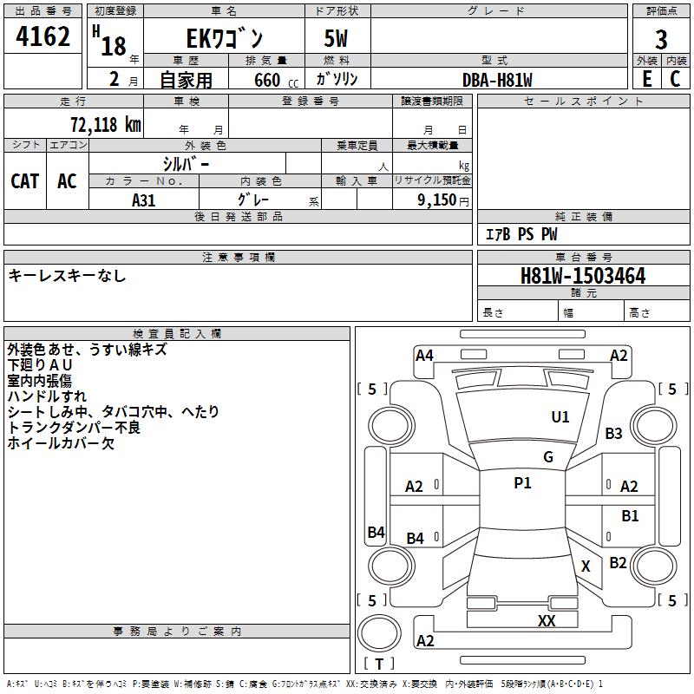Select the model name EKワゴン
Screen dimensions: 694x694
click(x=225, y=39)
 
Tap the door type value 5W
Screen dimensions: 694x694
click(x=337, y=39)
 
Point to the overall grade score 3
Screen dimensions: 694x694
click(x=661, y=39)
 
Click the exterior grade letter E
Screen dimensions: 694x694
click(x=646, y=79)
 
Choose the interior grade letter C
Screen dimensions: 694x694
click(x=676, y=79)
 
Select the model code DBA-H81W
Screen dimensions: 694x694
click(x=497, y=80)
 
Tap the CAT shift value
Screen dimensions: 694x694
click(x=24, y=180)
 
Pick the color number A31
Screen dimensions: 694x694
click(x=144, y=199)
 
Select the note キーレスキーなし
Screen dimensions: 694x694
click(x=67, y=276)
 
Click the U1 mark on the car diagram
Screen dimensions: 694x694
click(x=560, y=417)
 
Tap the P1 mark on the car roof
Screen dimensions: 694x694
click(x=522, y=483)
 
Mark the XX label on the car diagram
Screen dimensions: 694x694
click(x=547, y=620)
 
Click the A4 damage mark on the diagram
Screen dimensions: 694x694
click(x=424, y=355)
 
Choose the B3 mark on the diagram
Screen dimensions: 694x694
click(x=614, y=434)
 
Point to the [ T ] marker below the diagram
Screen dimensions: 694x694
click(x=379, y=664)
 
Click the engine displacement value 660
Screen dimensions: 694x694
click(x=266, y=80)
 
